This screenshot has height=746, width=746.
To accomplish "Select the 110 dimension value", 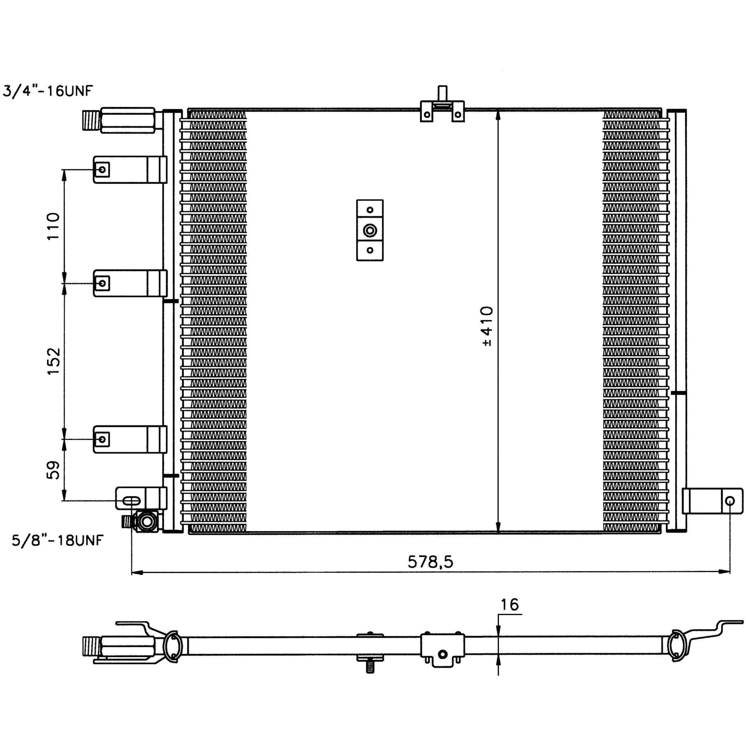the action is tap(53, 226).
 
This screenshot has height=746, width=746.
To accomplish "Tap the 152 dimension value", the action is tap(53, 361).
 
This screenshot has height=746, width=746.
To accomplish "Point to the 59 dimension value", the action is tap(53, 470).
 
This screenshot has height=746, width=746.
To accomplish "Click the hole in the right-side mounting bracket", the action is tap(729, 501).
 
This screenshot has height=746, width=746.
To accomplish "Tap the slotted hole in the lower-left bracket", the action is tap(131, 501).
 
